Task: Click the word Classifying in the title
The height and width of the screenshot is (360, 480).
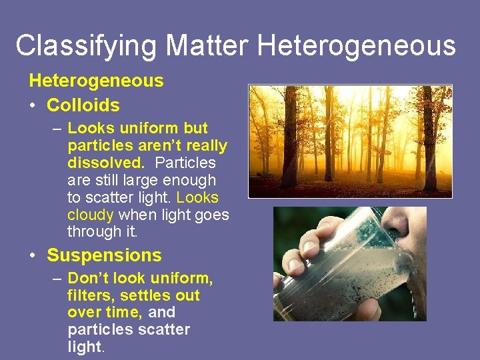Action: click(x=86, y=46)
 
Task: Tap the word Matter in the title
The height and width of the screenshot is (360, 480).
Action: click(x=207, y=46)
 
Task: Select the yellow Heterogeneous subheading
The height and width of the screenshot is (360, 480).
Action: click(x=96, y=81)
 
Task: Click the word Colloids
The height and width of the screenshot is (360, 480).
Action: click(x=83, y=105)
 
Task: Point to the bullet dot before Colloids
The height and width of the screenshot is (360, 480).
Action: click(x=33, y=105)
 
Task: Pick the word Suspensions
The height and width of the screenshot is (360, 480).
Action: click(x=104, y=255)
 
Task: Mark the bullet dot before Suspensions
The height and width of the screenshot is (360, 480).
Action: click(x=33, y=256)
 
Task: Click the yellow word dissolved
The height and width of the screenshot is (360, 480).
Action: click(x=104, y=163)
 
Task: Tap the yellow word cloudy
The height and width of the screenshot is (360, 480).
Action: click(x=91, y=215)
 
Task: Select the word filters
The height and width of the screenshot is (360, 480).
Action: click(x=89, y=295)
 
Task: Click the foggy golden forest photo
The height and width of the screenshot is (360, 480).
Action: click(x=350, y=141)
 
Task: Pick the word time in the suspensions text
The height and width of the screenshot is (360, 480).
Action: click(x=124, y=312)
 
